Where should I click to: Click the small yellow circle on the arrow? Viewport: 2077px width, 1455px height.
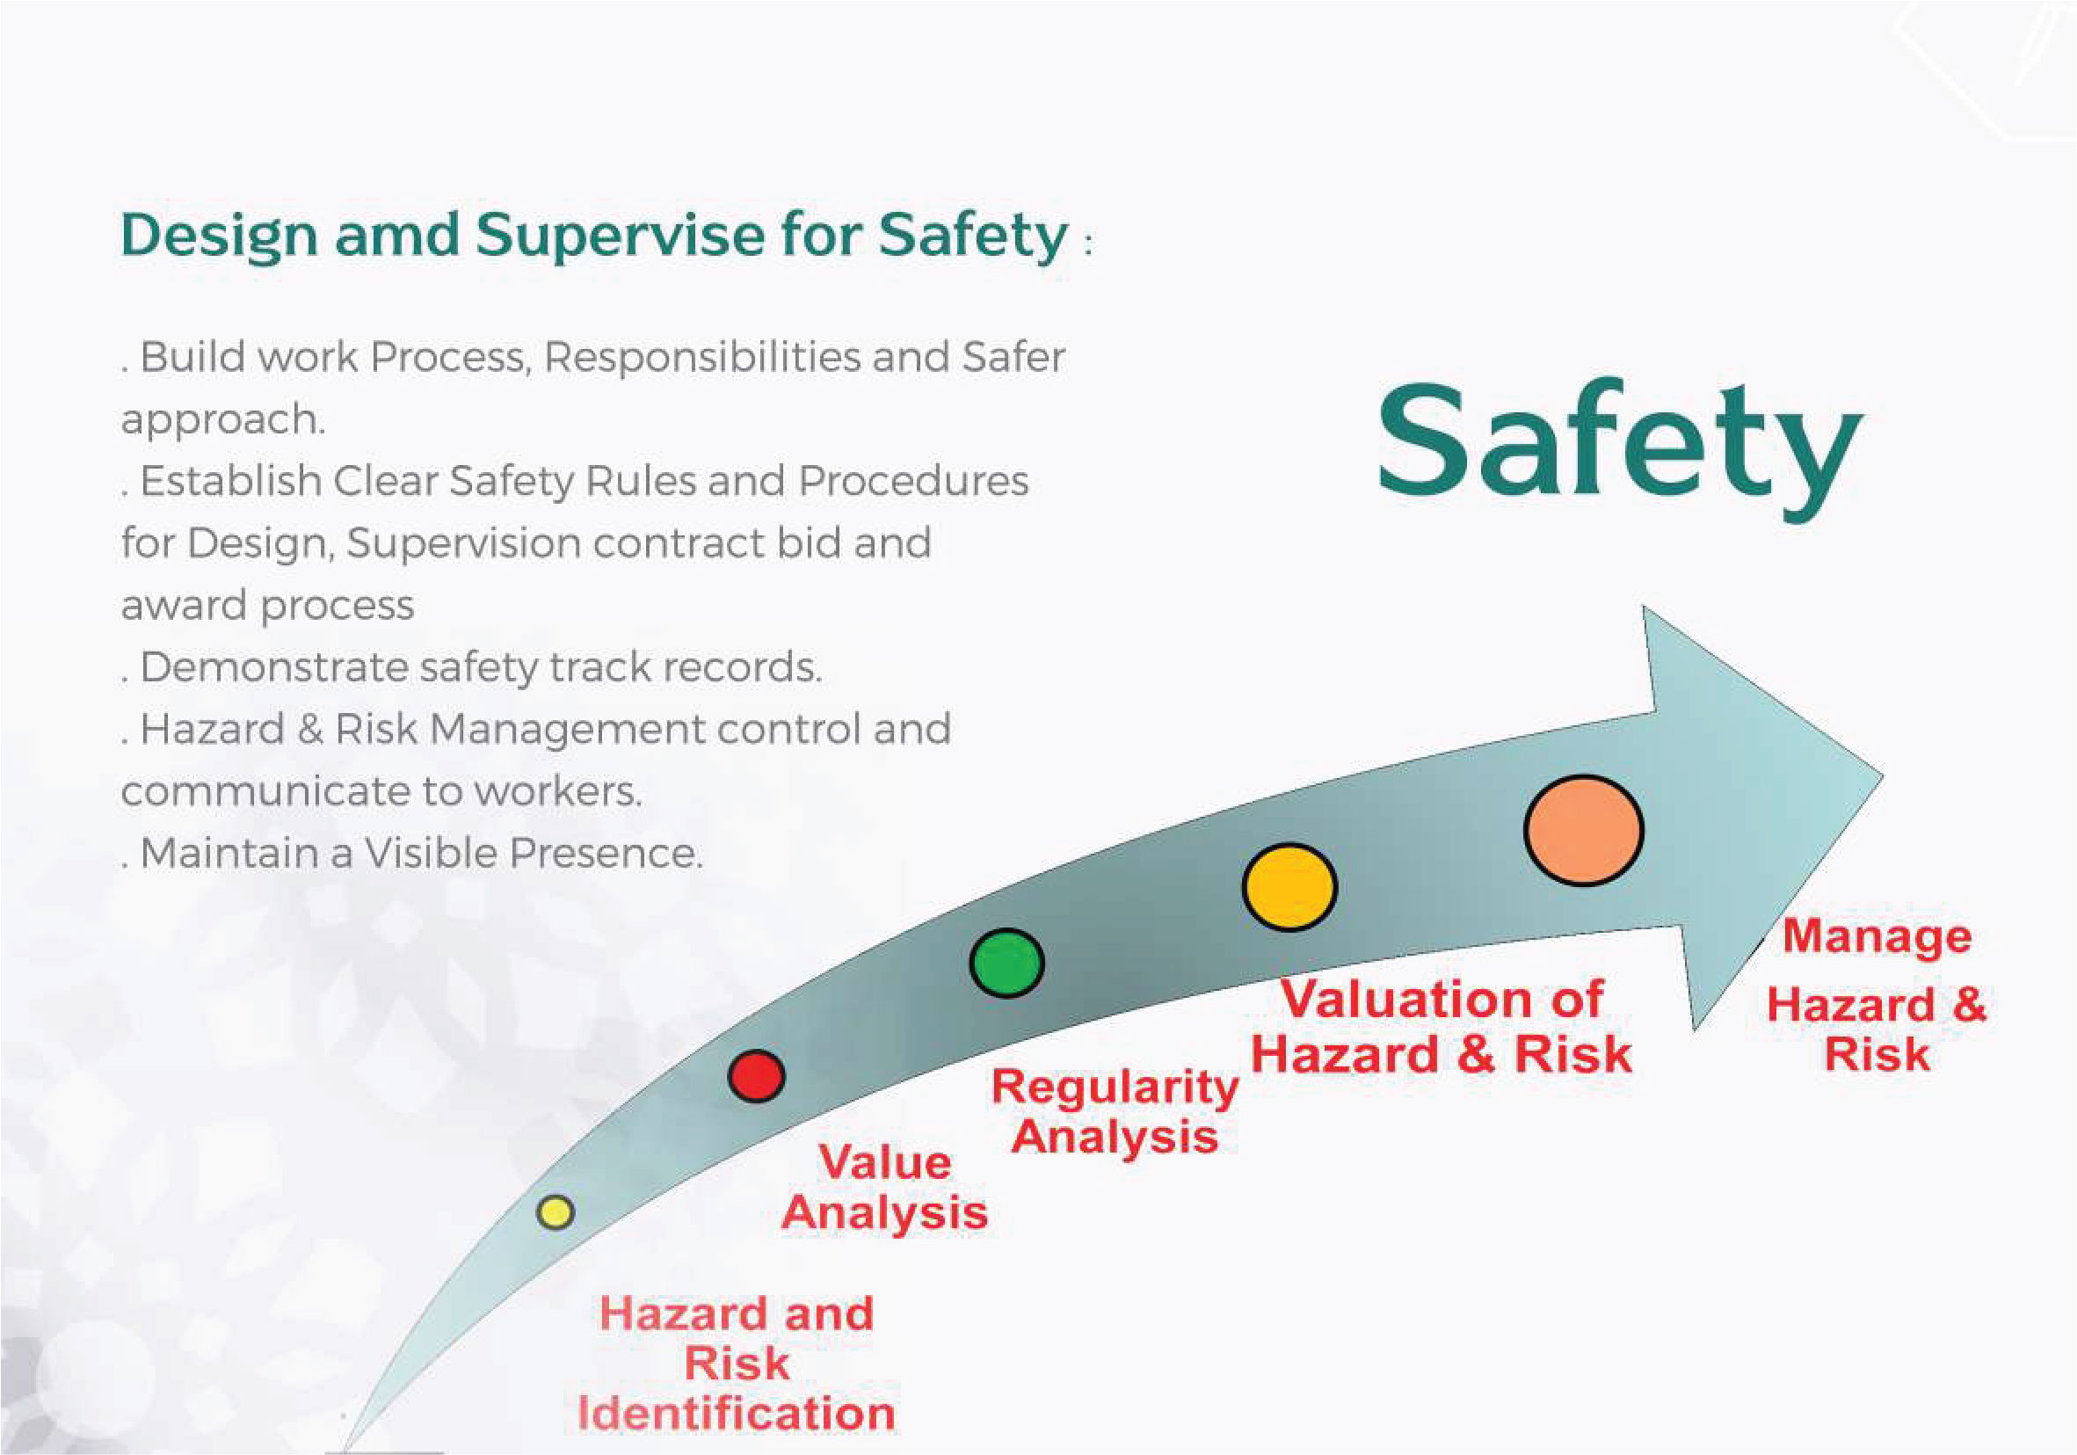tap(556, 1211)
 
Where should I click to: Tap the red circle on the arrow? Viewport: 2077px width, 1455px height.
tap(756, 1076)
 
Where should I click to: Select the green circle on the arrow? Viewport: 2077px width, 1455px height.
tap(1006, 964)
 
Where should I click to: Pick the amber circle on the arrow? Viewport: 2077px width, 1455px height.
tap(1289, 887)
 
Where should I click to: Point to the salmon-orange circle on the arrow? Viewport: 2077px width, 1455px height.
tap(1583, 830)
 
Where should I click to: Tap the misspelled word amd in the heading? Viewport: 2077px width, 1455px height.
tap(397, 236)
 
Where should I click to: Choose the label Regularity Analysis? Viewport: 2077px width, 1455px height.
tap(1115, 1112)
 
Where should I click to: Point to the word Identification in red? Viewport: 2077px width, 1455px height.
tap(737, 1414)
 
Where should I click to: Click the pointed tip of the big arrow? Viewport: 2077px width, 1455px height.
tap(1883, 776)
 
